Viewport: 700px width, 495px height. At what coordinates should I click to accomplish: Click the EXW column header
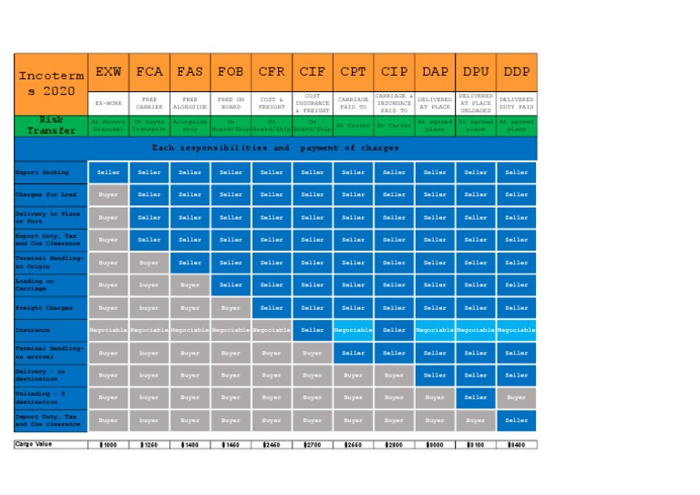(x=108, y=71)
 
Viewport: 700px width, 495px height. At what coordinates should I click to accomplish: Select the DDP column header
(x=517, y=71)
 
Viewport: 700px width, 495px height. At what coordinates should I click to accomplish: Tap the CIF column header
(x=312, y=71)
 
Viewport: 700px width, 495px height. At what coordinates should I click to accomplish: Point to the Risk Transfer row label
(x=51, y=125)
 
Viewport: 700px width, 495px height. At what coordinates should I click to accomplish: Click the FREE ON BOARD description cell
(x=231, y=103)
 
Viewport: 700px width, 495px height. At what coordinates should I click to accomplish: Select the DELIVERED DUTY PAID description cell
(x=517, y=103)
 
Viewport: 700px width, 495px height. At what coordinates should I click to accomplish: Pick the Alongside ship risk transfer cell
(x=190, y=125)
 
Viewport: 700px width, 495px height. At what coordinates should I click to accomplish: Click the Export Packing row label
(x=51, y=171)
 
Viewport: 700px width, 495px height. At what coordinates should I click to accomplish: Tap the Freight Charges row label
(x=51, y=308)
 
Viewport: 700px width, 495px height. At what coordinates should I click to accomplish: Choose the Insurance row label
(x=51, y=331)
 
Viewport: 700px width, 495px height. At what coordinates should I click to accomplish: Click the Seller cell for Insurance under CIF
(x=312, y=331)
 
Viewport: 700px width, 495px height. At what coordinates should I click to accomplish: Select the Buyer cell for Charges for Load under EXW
(x=108, y=194)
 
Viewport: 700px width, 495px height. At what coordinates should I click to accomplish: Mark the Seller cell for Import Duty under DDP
(x=517, y=420)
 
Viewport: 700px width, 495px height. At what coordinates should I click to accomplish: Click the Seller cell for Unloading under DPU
(x=476, y=397)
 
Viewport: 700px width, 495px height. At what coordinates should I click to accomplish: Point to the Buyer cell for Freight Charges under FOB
(x=231, y=308)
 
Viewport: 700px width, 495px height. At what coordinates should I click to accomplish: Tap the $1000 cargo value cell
(x=108, y=445)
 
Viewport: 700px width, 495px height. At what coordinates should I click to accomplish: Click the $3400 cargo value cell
(x=517, y=445)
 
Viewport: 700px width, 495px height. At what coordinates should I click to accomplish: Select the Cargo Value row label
(x=51, y=445)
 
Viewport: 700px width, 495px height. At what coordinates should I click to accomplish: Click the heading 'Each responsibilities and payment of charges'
(x=275, y=148)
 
